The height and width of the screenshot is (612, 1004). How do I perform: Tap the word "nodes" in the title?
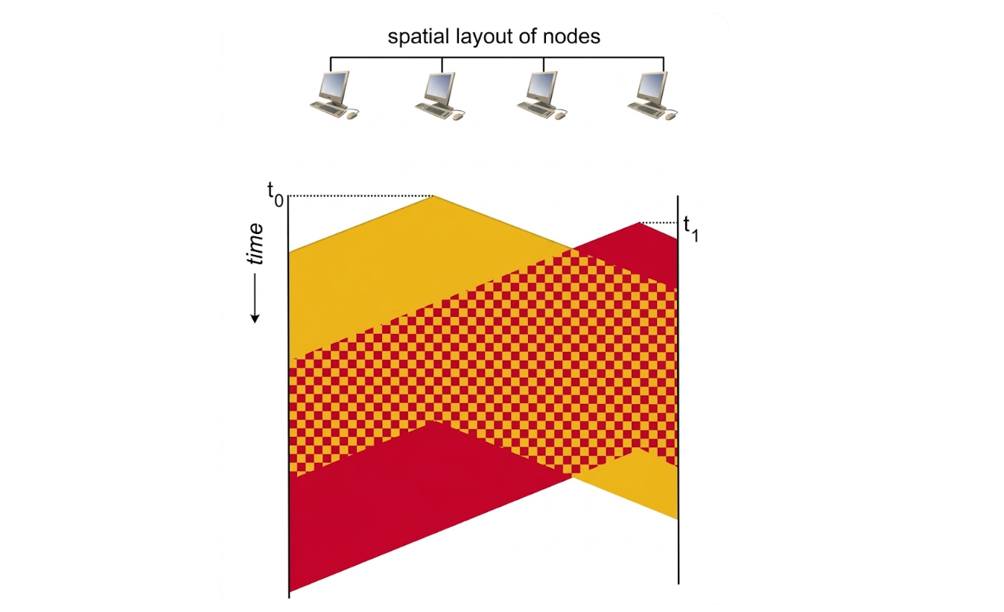[571, 37]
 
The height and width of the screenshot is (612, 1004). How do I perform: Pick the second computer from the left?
[439, 96]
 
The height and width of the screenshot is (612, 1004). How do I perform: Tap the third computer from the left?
[542, 95]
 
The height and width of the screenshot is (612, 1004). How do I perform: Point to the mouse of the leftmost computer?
[353, 116]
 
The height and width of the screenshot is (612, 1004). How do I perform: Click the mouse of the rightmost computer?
[670, 116]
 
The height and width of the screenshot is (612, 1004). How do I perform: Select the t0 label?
[275, 194]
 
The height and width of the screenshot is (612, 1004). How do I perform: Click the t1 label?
[690, 229]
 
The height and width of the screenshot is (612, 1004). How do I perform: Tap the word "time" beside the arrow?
[255, 244]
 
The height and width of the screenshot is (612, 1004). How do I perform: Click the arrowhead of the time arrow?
[255, 318]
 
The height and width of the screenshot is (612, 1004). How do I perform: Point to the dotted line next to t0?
[360, 195]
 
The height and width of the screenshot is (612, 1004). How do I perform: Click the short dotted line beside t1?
[658, 223]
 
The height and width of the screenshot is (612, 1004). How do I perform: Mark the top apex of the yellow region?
[433, 196]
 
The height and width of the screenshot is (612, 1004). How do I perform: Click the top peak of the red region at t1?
[639, 223]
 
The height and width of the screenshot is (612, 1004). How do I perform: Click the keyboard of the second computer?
[432, 110]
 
